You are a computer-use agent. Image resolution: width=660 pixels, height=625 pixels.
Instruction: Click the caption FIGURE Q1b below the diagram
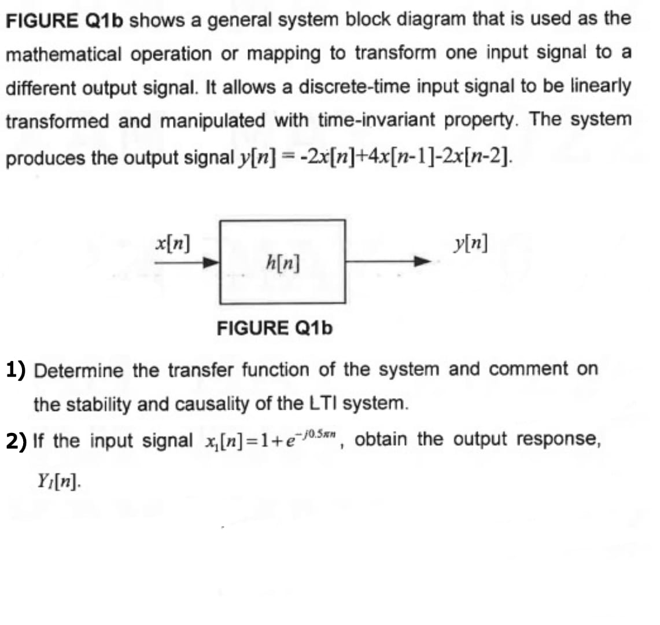point(275,329)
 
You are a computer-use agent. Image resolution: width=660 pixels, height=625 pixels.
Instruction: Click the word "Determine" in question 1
point(79,369)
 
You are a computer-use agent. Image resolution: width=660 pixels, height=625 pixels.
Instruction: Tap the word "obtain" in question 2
point(382,439)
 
